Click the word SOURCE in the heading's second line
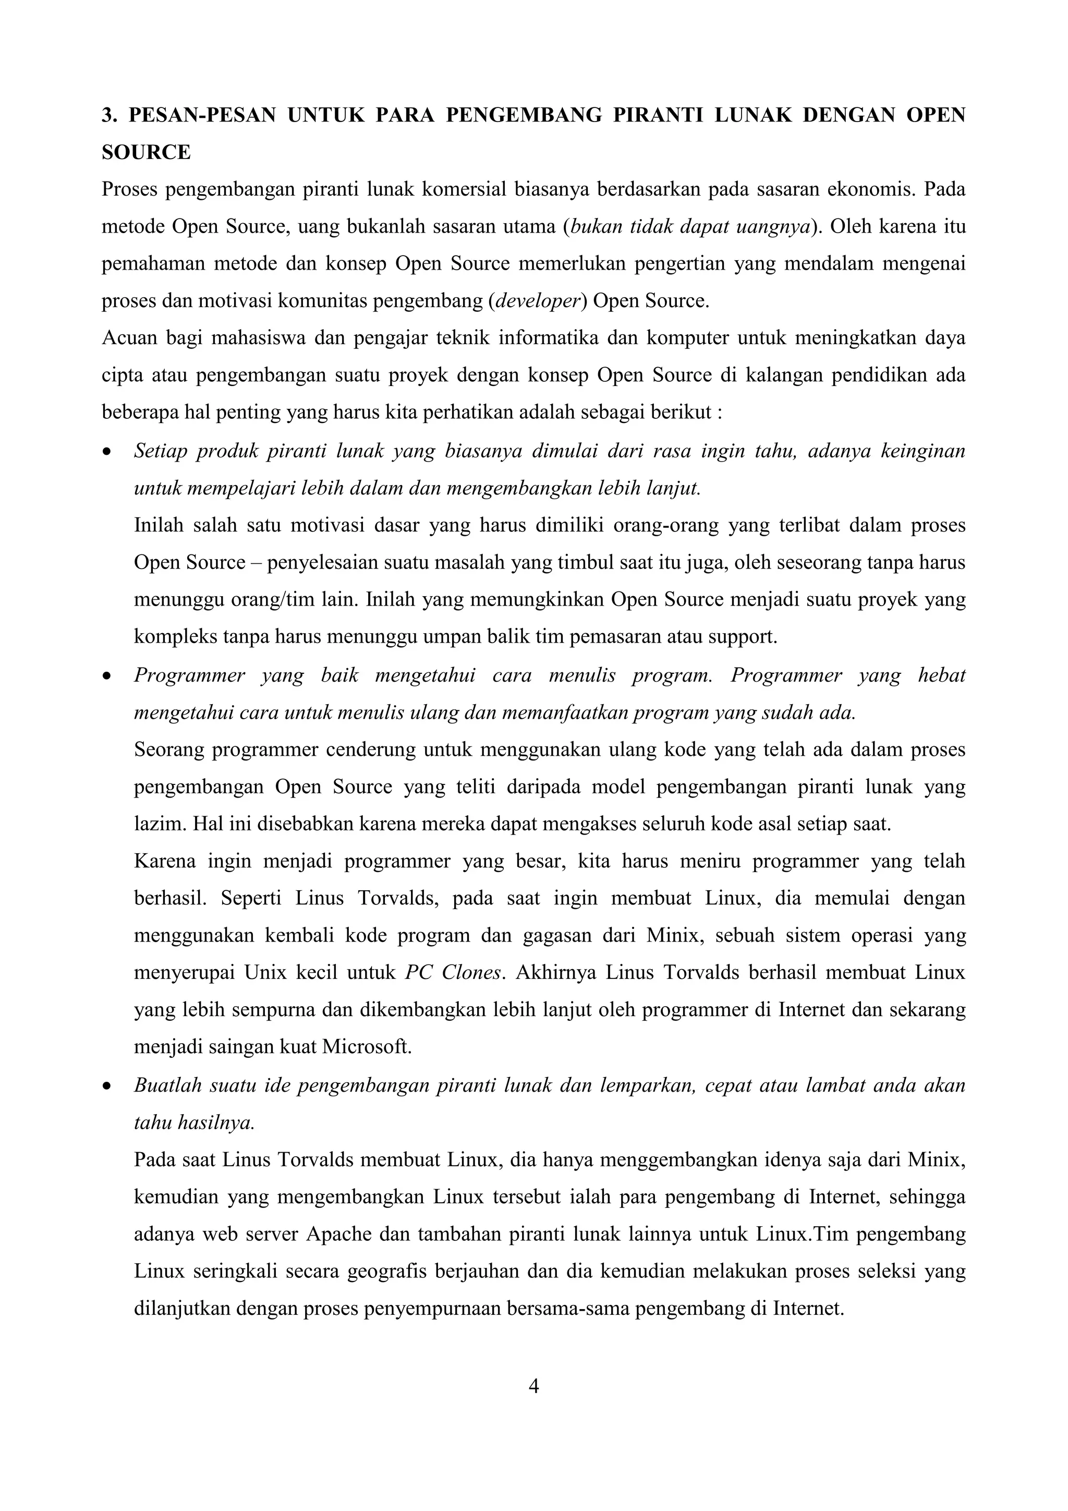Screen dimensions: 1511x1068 pyautogui.click(x=146, y=153)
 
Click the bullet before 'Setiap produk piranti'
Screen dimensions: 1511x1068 pyautogui.click(x=106, y=453)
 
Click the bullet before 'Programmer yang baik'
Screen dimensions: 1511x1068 pyautogui.click(x=106, y=676)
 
